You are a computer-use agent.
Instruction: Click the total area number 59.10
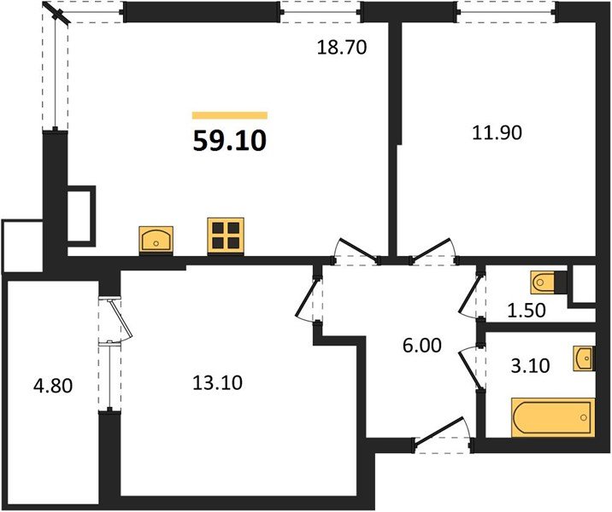coord(229,140)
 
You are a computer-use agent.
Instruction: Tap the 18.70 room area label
coord(341,49)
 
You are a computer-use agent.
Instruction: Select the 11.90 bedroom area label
coord(497,132)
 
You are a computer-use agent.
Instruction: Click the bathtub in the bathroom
coord(552,417)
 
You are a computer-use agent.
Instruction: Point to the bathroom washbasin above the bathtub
coord(585,358)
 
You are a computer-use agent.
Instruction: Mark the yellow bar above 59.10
coord(229,115)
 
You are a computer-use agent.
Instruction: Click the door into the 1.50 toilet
coord(471,292)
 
